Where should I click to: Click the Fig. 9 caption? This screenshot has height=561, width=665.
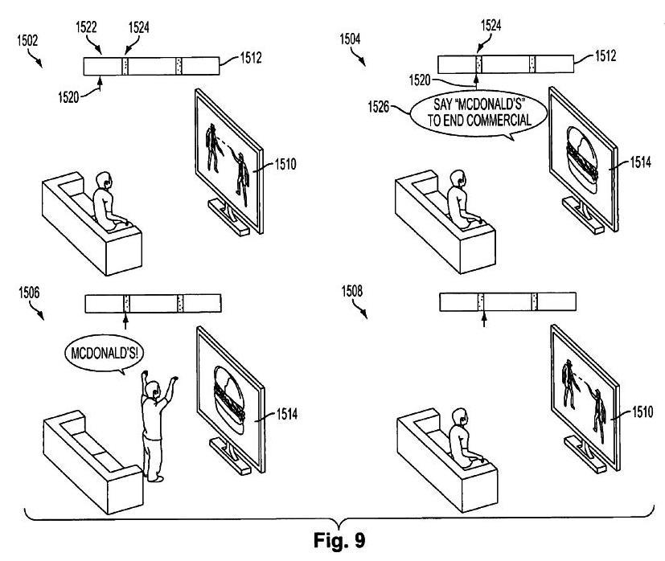(332, 537)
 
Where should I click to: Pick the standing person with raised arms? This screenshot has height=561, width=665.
(155, 426)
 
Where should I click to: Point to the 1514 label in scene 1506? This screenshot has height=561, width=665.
(279, 416)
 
